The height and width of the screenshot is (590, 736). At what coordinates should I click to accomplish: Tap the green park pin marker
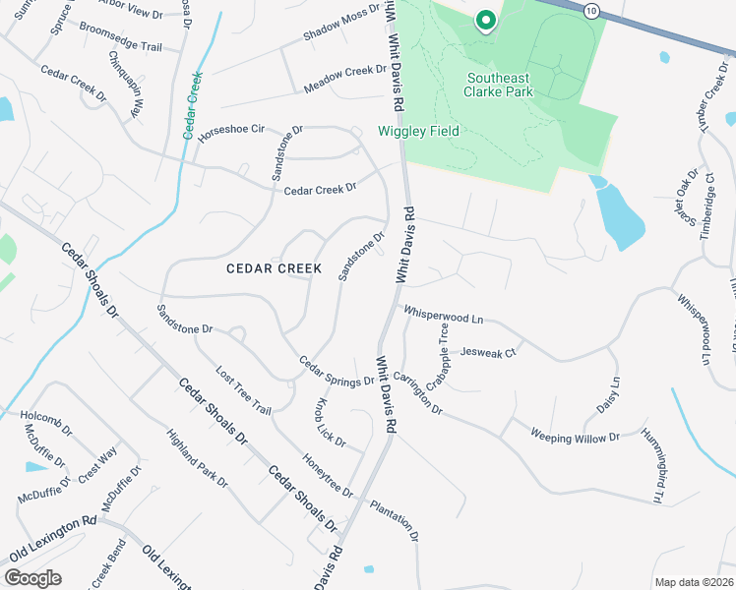click(x=484, y=20)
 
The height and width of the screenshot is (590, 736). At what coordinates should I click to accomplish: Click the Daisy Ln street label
click(x=607, y=395)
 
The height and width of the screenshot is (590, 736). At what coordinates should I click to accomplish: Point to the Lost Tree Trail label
click(x=242, y=391)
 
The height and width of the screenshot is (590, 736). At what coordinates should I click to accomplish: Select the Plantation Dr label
click(x=395, y=520)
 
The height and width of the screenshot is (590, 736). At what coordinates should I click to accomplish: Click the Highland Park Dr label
click(x=197, y=458)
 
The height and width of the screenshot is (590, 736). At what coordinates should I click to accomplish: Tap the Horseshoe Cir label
click(x=233, y=133)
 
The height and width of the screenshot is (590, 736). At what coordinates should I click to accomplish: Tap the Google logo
click(x=32, y=578)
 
